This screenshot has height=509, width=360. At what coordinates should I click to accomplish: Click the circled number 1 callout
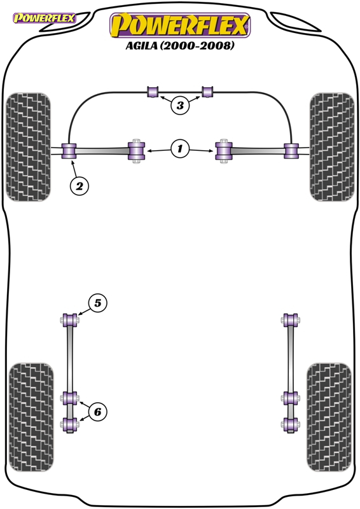pos(180,149)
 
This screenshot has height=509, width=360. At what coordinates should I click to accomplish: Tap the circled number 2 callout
pos(80,186)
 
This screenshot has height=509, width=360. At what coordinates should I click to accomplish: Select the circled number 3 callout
pos(180,105)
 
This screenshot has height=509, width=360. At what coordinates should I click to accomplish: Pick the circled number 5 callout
pos(98,303)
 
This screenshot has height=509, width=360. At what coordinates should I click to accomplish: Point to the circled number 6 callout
pos(98,412)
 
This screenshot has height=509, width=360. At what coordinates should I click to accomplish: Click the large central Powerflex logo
pos(180,25)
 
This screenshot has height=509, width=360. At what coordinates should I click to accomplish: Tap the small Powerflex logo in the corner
pos(44,18)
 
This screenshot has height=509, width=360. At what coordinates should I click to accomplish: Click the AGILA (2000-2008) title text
pos(180,45)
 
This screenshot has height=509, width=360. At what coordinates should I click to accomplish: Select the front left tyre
pos(29,147)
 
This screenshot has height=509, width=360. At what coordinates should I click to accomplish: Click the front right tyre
pos(332,147)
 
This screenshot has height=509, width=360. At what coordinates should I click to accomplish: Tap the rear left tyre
pos(31,417)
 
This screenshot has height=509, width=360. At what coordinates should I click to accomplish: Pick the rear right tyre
pos(329,417)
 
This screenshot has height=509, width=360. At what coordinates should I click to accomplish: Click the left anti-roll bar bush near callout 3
pos(153,92)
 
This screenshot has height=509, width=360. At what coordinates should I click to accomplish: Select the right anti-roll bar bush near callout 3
pos(207,92)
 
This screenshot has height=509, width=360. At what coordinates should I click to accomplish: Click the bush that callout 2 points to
pos(69,151)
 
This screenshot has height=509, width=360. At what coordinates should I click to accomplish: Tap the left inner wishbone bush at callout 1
pos(136,151)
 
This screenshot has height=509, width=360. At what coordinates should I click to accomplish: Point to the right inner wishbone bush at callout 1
pos(224,151)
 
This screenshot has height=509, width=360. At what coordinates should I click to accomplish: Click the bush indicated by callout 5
pos(70,320)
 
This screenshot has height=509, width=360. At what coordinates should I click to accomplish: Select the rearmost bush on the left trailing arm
pos(69,424)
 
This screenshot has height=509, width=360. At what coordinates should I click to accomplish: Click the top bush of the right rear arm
pos(290,320)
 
